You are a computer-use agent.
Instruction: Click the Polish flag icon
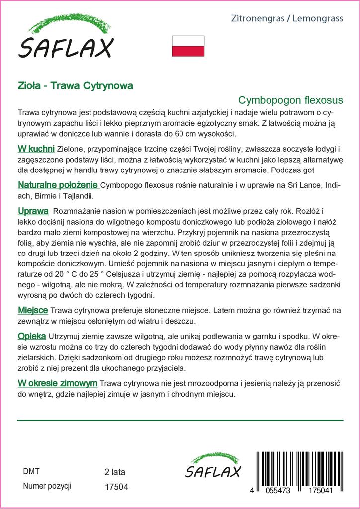(188, 46)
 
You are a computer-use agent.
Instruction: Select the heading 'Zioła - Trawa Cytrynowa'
(75, 85)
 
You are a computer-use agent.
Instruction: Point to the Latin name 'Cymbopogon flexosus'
(290, 99)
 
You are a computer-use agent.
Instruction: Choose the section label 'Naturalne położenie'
(58, 185)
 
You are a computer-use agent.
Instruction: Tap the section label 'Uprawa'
(33, 210)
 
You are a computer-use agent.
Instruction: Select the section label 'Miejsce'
(33, 310)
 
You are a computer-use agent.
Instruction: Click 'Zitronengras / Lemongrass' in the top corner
(287, 19)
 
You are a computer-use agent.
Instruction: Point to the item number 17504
(117, 487)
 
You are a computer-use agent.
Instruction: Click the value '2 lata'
(115, 471)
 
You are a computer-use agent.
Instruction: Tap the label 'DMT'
(31, 471)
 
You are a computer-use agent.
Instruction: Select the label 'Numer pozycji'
(48, 486)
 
